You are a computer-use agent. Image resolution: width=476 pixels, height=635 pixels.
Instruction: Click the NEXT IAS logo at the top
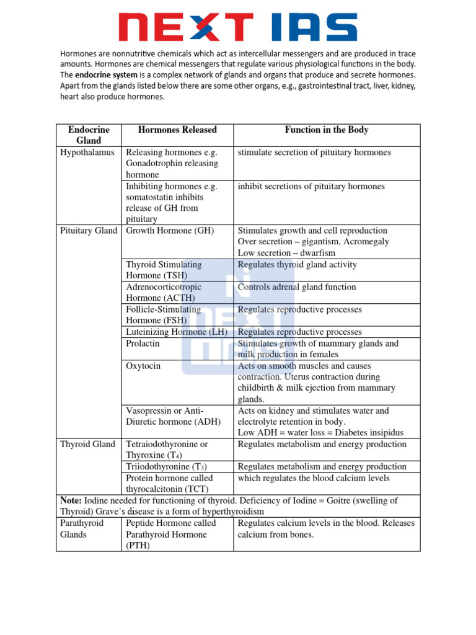238,28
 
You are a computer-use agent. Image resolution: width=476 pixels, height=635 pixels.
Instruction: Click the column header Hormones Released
177,130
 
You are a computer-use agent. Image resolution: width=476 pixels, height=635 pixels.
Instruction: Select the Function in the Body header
327,130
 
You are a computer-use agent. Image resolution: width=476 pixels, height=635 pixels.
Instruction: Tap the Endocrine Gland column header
89,135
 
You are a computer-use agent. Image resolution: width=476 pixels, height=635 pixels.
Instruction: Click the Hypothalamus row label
87,153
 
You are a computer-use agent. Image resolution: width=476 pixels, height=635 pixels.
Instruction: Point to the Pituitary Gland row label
89,231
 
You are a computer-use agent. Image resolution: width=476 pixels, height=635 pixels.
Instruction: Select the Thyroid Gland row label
87,444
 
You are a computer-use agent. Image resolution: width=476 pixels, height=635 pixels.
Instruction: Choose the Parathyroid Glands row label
82,528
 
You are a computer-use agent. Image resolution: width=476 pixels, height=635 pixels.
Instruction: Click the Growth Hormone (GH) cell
170,231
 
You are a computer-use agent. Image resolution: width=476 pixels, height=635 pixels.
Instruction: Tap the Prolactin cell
143,344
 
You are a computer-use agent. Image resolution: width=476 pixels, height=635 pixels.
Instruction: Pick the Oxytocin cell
143,366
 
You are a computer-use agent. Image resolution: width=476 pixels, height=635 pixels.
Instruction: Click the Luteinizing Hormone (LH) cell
177,332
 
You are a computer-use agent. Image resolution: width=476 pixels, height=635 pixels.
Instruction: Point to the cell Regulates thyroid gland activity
297,265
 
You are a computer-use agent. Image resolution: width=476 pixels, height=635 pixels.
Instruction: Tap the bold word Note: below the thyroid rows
71,500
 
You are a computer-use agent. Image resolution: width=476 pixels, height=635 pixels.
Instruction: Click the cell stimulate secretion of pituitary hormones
314,153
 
